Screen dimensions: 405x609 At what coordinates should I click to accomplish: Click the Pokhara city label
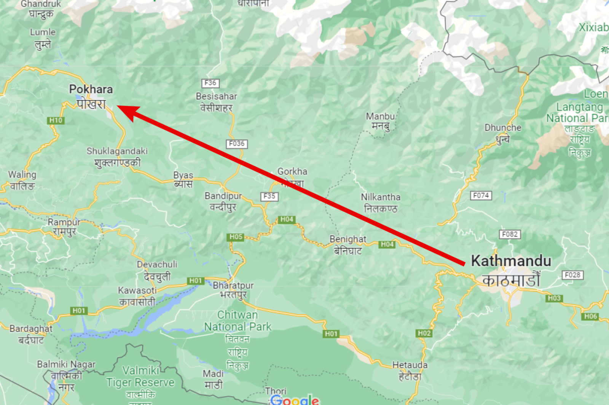91,90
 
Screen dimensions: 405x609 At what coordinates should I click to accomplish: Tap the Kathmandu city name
511,261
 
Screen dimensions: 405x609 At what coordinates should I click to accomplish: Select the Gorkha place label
292,172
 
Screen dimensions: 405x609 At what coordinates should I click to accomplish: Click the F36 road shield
210,83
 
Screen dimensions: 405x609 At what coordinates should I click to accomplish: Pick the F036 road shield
237,144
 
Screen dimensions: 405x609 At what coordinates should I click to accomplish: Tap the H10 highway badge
56,120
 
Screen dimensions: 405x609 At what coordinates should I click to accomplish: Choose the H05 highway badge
236,237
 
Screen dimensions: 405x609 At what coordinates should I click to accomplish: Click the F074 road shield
481,195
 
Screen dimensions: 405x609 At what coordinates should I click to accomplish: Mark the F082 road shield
510,234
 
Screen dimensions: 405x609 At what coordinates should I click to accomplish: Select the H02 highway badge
424,333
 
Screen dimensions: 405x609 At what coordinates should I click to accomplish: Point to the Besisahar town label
216,97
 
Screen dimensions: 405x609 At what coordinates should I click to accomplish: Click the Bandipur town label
223,196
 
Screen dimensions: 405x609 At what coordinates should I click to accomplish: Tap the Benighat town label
348,239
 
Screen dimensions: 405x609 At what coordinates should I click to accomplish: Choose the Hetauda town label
410,365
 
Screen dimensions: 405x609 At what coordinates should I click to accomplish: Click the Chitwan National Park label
238,321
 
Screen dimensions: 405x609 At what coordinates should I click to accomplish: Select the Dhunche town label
502,128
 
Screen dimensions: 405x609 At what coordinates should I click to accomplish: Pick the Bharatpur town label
233,285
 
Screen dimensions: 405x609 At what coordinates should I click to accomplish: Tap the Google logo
295,400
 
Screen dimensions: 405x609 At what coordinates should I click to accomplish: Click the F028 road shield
572,275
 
